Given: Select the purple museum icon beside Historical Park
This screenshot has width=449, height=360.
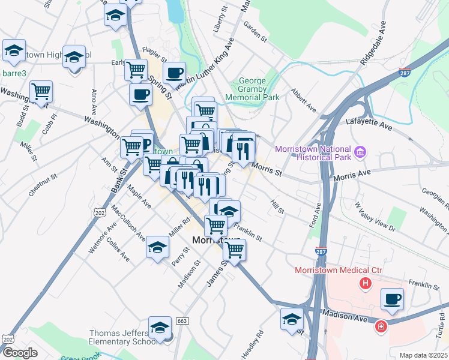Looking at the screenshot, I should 360,152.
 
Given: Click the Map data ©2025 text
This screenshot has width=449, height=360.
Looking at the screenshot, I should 423,355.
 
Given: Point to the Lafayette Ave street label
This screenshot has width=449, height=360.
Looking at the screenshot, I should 369,124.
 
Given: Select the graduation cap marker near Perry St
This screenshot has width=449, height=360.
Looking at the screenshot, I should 157,247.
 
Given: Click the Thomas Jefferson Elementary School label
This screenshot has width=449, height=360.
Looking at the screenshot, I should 118,338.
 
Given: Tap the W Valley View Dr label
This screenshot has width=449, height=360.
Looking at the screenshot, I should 376,216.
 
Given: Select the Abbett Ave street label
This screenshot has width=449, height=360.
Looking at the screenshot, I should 303,101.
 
